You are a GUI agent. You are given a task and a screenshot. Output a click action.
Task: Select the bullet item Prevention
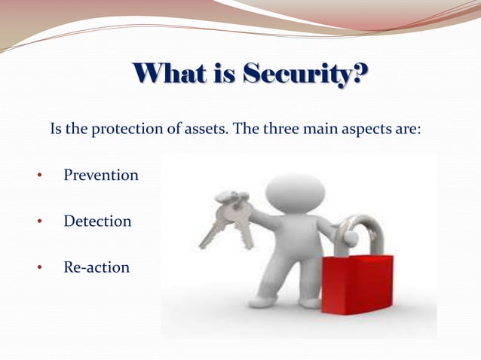pos(101,175)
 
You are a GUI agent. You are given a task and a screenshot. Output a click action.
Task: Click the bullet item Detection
pos(97,221)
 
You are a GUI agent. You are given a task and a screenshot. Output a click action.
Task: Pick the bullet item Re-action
pos(97,267)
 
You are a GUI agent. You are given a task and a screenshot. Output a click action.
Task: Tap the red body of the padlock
pos(357,284)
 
